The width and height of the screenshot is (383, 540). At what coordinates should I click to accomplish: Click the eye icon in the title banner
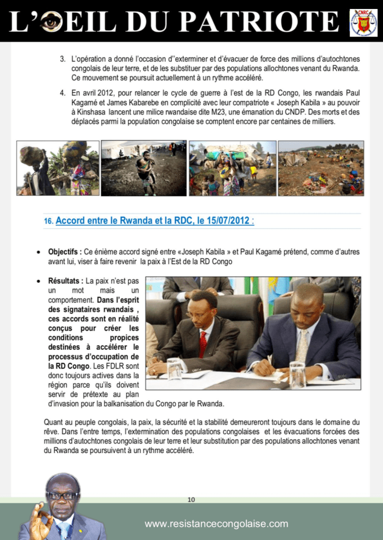[x=52, y=22]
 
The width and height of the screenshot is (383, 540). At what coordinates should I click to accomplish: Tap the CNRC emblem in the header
[x=363, y=22]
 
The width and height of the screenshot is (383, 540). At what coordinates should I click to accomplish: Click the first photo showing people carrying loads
[x=57, y=168]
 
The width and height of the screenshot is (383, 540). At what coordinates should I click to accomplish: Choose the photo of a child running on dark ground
[x=144, y=168]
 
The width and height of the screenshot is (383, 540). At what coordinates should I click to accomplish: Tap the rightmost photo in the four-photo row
[x=321, y=168]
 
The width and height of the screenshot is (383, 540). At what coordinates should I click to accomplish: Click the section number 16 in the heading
[x=48, y=221]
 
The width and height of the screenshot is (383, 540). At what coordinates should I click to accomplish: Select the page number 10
[x=191, y=499]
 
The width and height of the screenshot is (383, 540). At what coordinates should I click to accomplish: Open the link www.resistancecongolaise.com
[x=217, y=524]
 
